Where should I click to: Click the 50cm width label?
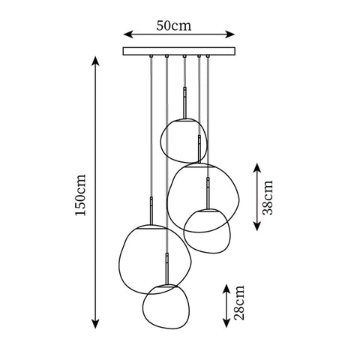point(178,25)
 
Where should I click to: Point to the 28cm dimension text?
point(238,302)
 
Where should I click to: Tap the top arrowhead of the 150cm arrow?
point(94,61)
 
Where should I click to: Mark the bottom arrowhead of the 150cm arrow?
point(94,323)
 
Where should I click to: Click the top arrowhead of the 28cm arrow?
point(227,286)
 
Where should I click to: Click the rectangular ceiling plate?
point(178,51)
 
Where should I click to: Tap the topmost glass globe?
point(183,139)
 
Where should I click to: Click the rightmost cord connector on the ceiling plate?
point(208,56)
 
